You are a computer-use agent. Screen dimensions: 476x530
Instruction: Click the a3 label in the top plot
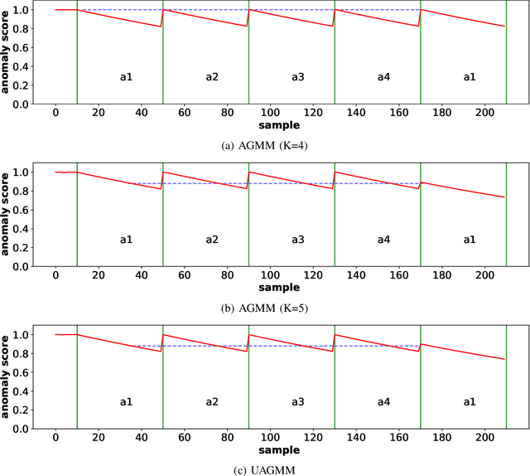297,77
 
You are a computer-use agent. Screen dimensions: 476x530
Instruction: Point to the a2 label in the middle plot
212,240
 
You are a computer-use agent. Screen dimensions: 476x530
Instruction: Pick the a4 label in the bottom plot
383,402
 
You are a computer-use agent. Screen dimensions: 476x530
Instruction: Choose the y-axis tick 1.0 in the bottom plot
33,335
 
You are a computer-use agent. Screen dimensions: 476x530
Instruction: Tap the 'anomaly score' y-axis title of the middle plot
7,217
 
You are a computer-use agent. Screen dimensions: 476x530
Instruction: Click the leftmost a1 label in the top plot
126,77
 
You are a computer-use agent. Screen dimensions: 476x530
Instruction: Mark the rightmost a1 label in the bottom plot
470,402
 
